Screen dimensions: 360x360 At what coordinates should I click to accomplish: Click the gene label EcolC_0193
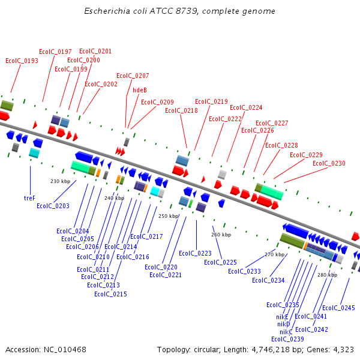[22, 61]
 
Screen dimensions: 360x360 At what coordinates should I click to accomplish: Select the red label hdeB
[140, 90]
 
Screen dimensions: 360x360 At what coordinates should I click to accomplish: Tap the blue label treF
[29, 197]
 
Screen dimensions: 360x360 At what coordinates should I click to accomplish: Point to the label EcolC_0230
[329, 163]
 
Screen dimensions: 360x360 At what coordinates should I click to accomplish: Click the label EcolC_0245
[338, 308]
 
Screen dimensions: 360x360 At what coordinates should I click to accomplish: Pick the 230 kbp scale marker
[60, 181]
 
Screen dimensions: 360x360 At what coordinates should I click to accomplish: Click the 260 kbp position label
[221, 235]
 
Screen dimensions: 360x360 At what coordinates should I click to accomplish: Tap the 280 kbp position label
[327, 275]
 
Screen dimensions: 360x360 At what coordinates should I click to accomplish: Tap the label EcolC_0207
[133, 76]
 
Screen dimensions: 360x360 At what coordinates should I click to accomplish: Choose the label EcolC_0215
[110, 294]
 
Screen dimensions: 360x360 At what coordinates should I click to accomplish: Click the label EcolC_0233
[244, 271]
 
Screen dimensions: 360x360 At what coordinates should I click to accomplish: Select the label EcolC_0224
[246, 108]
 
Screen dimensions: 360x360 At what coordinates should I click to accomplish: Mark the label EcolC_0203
[53, 206]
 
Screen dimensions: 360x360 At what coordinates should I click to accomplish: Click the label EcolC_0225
[220, 262]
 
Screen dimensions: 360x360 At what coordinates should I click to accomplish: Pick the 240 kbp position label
[114, 198]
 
